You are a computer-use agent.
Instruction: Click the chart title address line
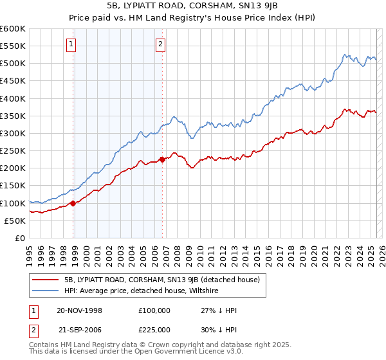tap(193, 7)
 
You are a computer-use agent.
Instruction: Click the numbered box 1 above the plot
tap(70, 44)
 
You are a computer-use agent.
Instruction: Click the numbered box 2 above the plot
tap(160, 44)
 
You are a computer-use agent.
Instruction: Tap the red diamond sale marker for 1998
tap(73, 203)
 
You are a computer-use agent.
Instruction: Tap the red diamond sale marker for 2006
tap(162, 159)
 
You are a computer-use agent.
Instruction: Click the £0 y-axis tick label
tap(20, 238)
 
